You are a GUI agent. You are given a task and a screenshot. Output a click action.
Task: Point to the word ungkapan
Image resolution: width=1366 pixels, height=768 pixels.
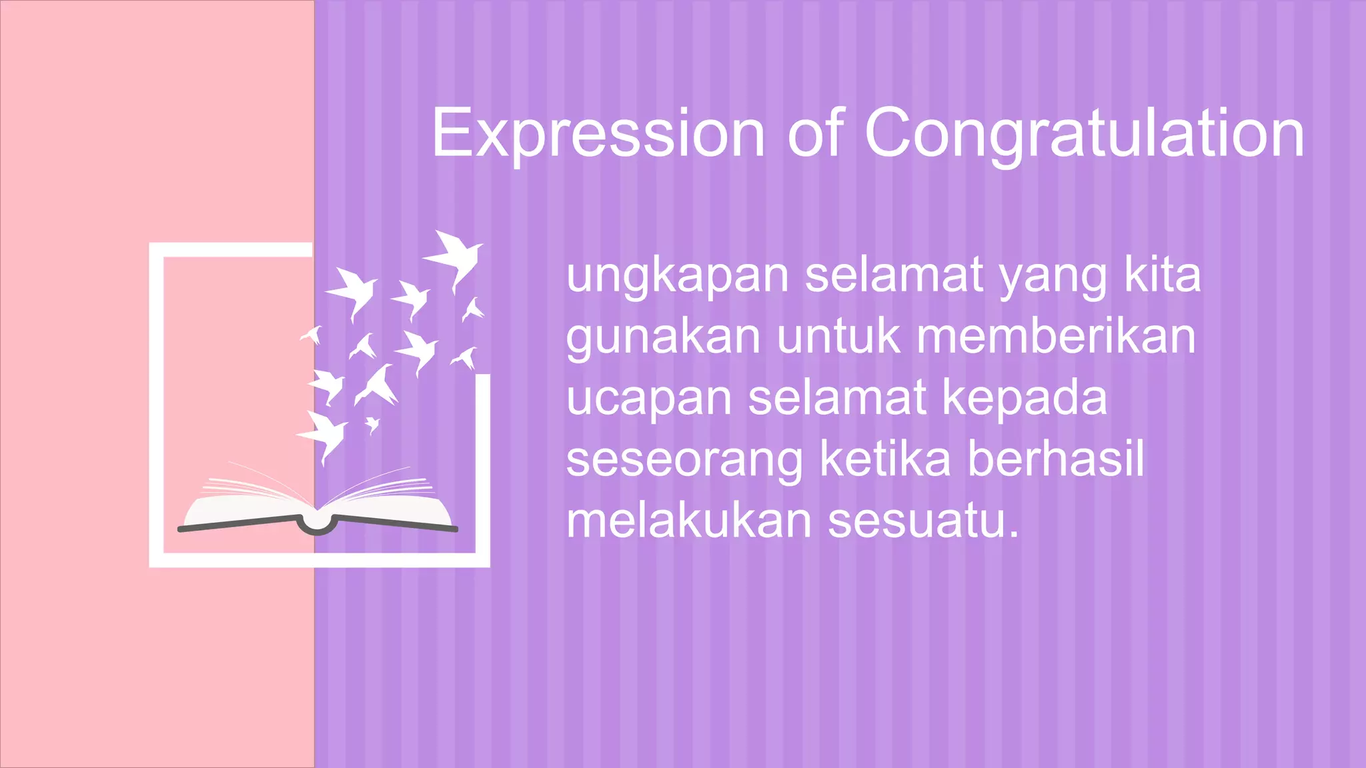[x=678, y=276]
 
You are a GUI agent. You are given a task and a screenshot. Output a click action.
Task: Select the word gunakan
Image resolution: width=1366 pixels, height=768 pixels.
[x=663, y=337]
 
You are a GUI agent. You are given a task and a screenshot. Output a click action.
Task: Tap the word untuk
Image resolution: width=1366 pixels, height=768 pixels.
[x=838, y=336]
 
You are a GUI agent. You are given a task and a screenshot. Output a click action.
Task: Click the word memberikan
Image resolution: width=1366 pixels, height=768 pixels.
[x=1056, y=336]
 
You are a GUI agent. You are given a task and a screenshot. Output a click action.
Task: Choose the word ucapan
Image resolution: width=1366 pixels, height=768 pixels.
[x=649, y=399]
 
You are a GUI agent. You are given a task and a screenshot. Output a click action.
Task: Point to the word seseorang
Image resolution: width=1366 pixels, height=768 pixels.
[x=684, y=460]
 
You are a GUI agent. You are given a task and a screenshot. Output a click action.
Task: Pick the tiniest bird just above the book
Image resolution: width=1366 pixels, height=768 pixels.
[x=372, y=424]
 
